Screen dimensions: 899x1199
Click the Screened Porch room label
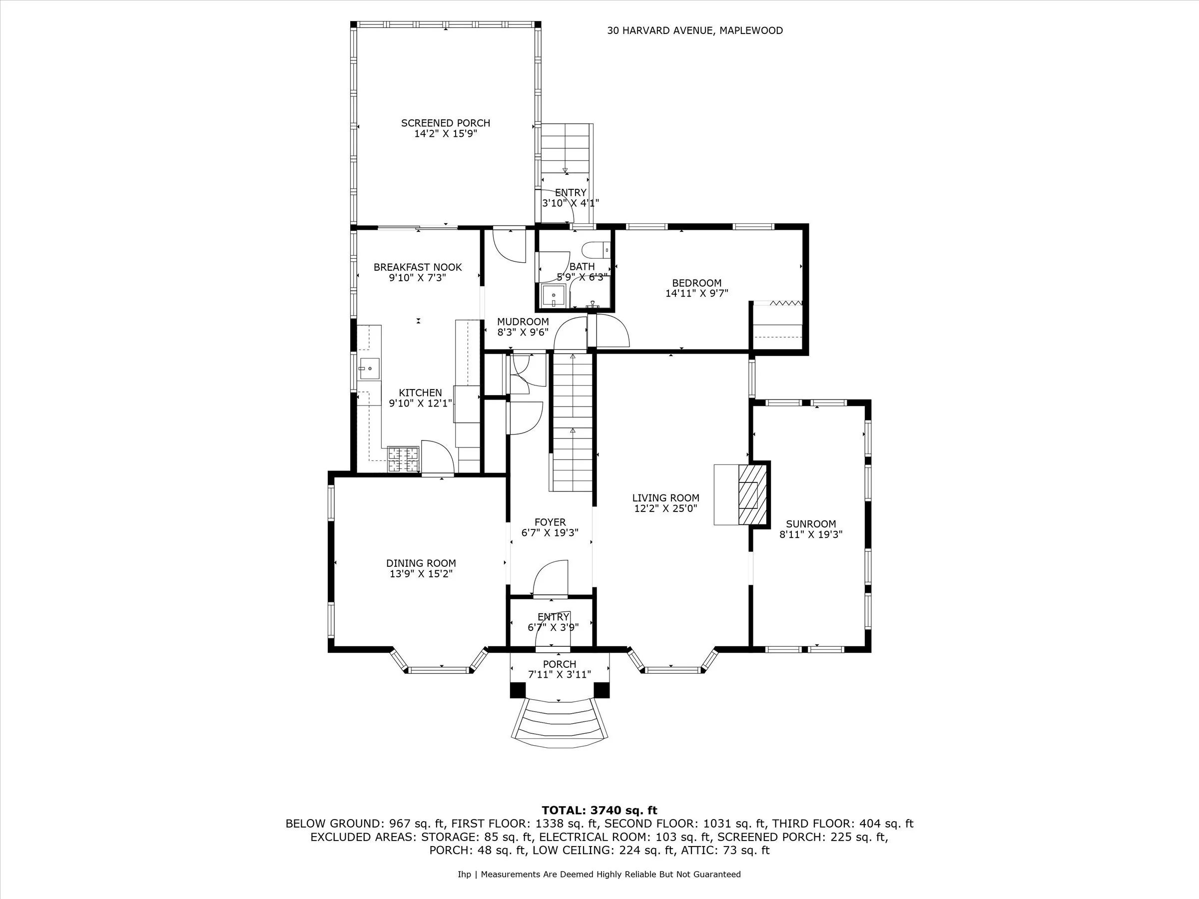[445, 123]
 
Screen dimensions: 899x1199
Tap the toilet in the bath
[595, 250]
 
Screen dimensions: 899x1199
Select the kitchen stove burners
[403, 458]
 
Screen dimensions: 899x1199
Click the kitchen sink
[369, 369]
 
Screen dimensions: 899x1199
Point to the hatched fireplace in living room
[752, 494]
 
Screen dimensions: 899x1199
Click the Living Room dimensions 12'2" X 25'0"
[665, 508]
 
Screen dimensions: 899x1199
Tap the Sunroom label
[810, 524]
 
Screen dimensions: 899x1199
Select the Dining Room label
[421, 563]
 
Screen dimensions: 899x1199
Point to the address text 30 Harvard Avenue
[694, 31]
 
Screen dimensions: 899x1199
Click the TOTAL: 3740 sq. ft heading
[599, 810]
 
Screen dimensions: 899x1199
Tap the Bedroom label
[696, 283]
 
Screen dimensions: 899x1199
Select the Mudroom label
[523, 322]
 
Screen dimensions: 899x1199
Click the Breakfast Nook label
[417, 267]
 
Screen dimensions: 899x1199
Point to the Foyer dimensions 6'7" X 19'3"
[550, 533]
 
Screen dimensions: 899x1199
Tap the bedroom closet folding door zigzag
[784, 303]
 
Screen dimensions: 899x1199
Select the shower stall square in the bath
[554, 296]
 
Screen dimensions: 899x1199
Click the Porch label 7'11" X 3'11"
[560, 669]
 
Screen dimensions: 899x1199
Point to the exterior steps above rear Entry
[565, 149]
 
